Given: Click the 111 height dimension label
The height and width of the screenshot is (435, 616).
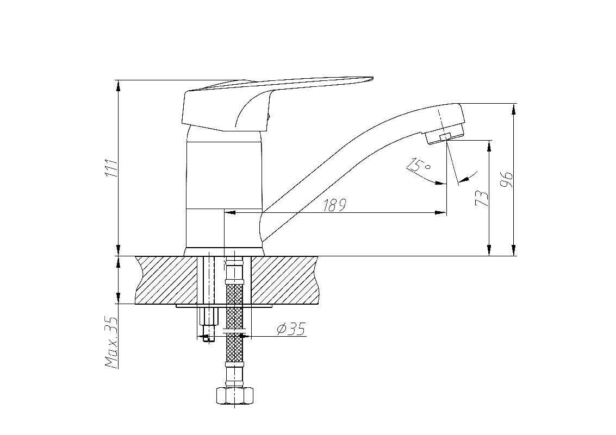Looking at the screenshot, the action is coord(112,168).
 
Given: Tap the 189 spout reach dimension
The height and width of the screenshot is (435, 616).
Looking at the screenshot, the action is coord(335,205).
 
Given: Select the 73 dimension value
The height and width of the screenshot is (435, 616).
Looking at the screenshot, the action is coord(482,198).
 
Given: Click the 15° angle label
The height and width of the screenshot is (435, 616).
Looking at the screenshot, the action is coord(419,165).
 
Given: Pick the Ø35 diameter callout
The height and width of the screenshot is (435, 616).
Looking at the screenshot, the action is coord(291,329).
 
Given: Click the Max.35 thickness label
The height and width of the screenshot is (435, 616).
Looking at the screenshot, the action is coord(112,343).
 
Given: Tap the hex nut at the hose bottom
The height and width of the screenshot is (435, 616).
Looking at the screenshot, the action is coord(235,396).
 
